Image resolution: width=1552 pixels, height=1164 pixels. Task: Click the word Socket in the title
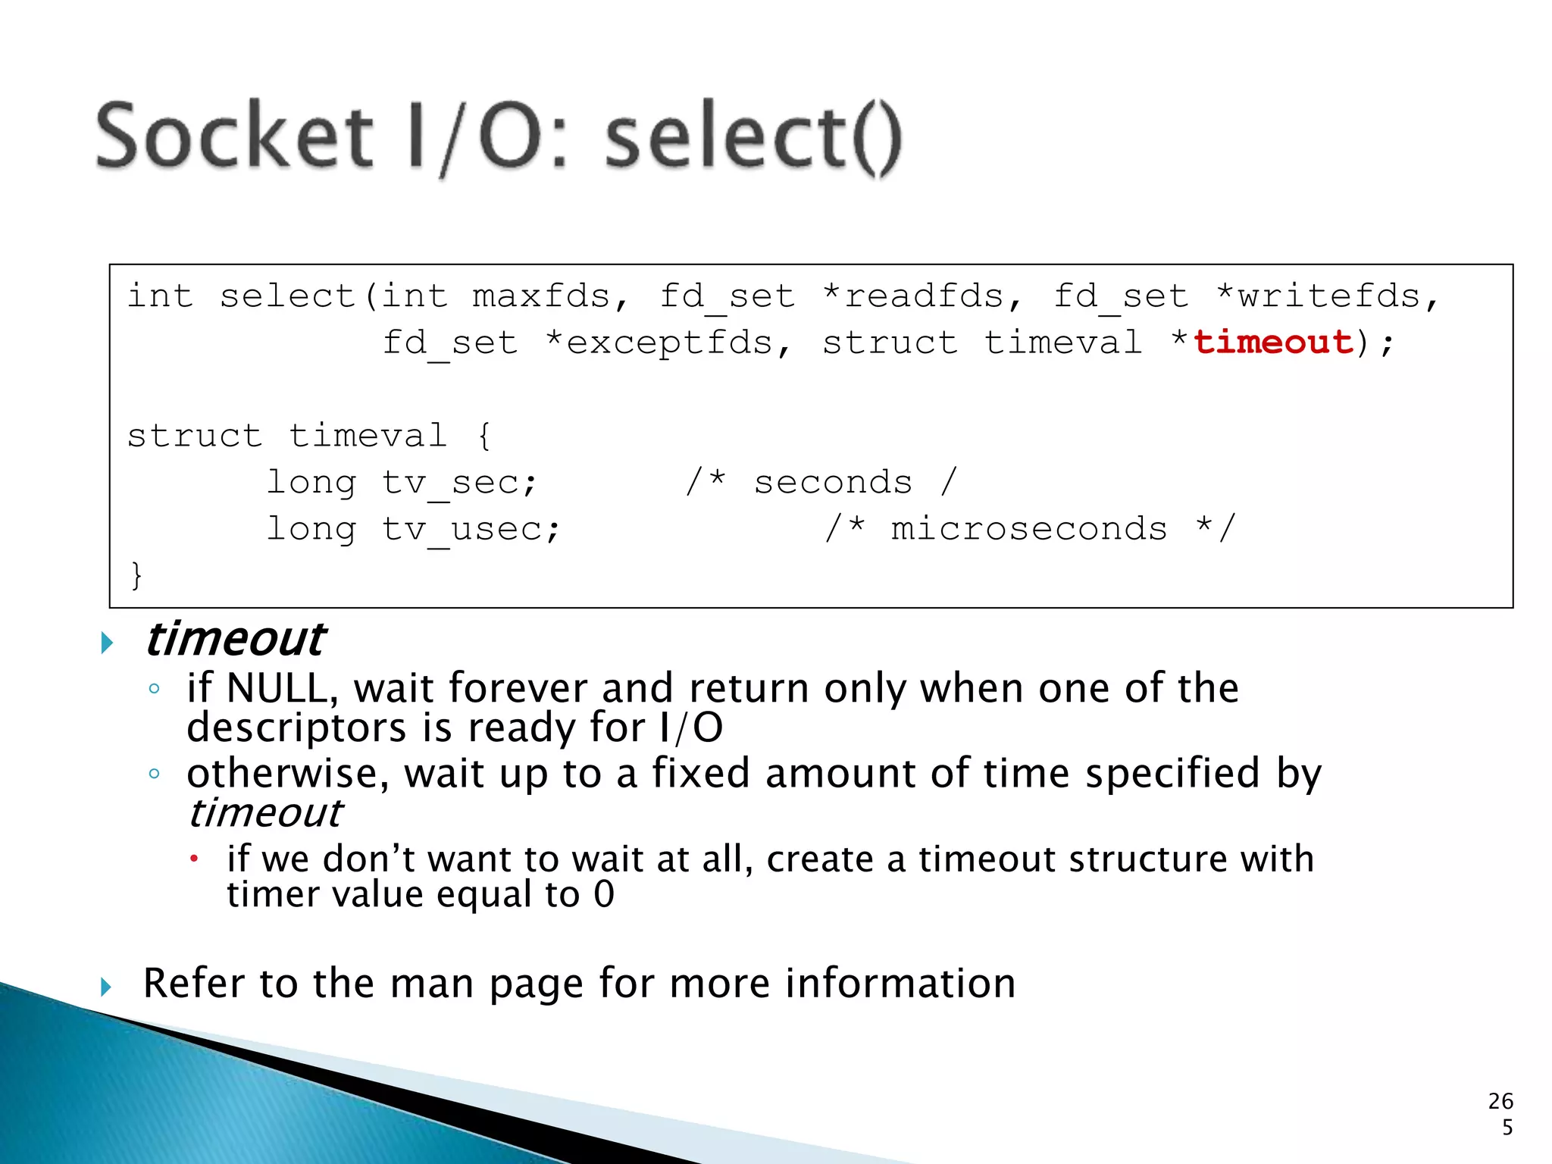[x=235, y=136]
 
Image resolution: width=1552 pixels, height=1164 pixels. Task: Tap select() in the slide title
[x=753, y=138]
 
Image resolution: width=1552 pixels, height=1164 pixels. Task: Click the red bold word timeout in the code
[x=1273, y=343]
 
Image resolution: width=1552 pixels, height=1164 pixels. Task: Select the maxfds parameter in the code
[x=541, y=296]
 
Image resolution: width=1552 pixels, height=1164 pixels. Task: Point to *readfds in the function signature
[x=914, y=296]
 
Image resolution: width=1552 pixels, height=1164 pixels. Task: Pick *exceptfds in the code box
[x=659, y=343]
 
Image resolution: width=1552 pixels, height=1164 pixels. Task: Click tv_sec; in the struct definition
[x=459, y=483]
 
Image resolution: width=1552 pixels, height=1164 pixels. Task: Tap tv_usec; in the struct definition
[x=471, y=529]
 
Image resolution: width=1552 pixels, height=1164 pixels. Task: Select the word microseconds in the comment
[x=1028, y=529]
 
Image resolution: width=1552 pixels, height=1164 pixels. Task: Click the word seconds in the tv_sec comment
[x=833, y=483]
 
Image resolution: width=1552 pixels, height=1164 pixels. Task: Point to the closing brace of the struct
[x=136, y=575]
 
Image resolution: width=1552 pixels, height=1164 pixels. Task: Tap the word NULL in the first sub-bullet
[x=276, y=689]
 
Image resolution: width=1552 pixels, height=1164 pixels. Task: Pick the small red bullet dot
[x=194, y=859]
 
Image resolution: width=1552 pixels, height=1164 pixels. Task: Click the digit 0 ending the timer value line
[x=604, y=894]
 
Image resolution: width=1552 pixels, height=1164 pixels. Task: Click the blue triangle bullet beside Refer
[x=106, y=987]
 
